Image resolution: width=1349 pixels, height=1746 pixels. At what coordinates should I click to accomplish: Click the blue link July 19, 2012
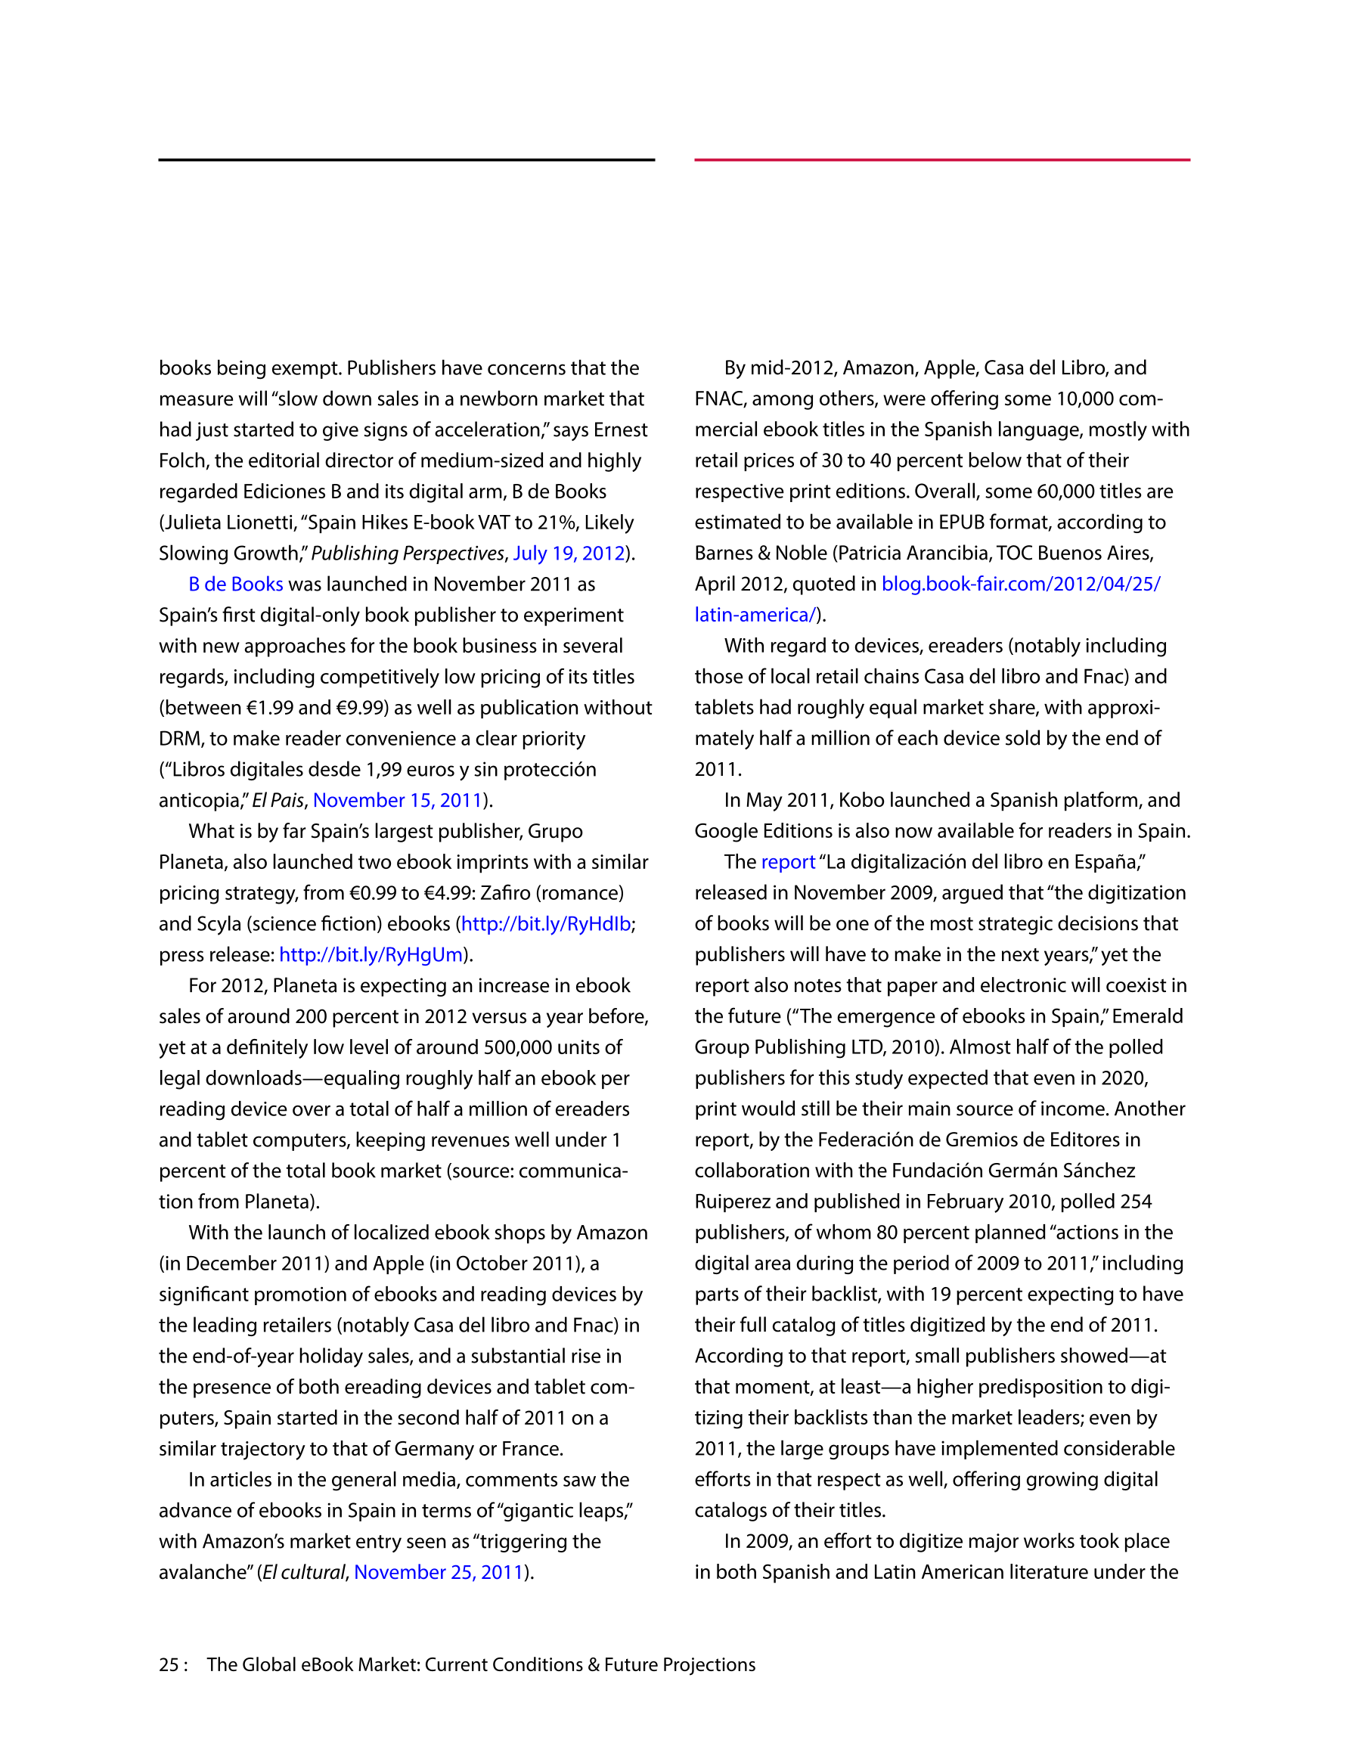[x=569, y=554]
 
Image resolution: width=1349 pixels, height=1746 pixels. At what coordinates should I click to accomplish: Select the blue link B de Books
[x=236, y=585]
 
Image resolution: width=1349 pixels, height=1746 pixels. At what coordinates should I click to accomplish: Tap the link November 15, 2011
[x=398, y=800]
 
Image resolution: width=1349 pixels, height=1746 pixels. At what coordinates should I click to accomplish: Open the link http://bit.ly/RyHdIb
[x=546, y=924]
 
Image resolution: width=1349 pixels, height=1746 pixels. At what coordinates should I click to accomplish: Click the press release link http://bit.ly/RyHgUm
[x=371, y=954]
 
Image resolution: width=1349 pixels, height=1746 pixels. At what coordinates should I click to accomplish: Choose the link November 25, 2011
[x=439, y=1573]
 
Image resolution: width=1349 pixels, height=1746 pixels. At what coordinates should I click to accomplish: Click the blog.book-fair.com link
[x=1020, y=585]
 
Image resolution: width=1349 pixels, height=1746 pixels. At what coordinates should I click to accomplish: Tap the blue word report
[x=788, y=862]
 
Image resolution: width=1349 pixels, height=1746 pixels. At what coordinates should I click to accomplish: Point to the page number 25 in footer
[x=169, y=1665]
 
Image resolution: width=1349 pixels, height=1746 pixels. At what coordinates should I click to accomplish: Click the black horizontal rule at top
[x=406, y=160]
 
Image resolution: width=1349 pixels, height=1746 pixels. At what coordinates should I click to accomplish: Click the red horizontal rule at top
[x=942, y=160]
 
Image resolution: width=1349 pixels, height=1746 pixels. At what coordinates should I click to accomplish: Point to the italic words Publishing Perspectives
[x=407, y=554]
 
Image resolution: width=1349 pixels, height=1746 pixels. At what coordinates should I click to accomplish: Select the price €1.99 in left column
[x=269, y=709]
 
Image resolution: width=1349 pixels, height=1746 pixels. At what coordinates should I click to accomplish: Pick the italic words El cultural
[x=304, y=1573]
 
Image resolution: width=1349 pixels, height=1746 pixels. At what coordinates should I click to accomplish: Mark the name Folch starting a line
[x=183, y=461]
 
